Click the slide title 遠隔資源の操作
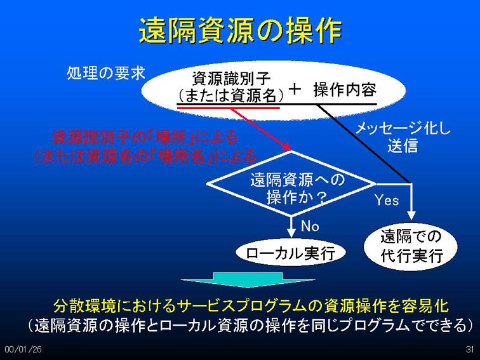click(x=240, y=30)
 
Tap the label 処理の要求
click(x=106, y=73)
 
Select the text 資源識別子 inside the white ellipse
click(x=231, y=78)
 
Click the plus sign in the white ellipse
click(x=295, y=90)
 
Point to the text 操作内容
click(x=345, y=90)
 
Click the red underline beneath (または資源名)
click(x=229, y=108)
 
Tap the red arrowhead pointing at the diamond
click(x=287, y=146)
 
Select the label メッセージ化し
click(x=403, y=128)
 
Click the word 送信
click(x=403, y=145)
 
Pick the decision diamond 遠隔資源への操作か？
click(x=291, y=184)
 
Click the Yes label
click(x=387, y=201)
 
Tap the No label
click(x=310, y=226)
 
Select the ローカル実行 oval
click(x=291, y=253)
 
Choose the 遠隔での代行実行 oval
click(x=411, y=247)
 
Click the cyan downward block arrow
click(x=248, y=279)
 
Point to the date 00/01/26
click(x=23, y=349)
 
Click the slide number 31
click(x=470, y=349)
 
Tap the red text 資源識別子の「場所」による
click(x=145, y=137)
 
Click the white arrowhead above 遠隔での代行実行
click(x=411, y=215)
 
